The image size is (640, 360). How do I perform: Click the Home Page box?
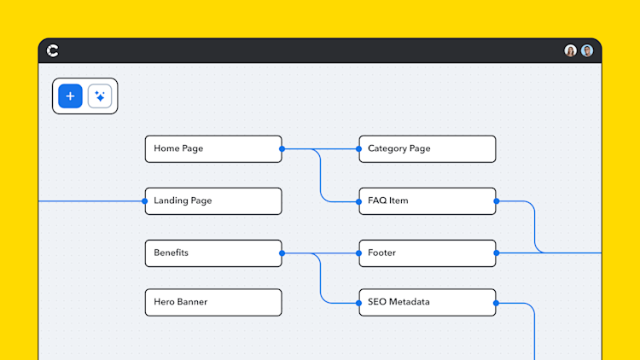(x=212, y=148)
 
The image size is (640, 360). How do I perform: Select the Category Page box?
(x=427, y=148)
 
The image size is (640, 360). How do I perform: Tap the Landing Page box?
(x=212, y=201)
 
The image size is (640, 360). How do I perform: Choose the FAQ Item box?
(x=427, y=201)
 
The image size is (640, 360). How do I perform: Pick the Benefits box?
(x=212, y=253)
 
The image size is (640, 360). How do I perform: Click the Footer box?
(x=427, y=253)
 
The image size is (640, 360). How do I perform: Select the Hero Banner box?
(x=212, y=302)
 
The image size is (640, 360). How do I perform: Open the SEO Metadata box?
(x=427, y=302)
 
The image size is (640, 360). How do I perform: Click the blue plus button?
(x=70, y=96)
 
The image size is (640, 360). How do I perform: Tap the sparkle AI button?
(x=100, y=96)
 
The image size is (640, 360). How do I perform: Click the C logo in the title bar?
(x=53, y=51)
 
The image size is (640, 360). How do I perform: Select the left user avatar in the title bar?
(x=570, y=51)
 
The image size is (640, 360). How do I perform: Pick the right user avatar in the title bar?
(x=587, y=51)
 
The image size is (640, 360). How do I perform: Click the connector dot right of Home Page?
(x=282, y=148)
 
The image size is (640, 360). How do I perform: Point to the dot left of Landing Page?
(x=145, y=201)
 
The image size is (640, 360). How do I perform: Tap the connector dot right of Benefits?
(x=282, y=253)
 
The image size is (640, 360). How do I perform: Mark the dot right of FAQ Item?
(x=496, y=201)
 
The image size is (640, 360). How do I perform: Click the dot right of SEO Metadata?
(x=496, y=302)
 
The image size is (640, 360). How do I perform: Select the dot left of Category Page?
(x=358, y=148)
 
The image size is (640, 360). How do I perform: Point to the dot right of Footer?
(x=496, y=253)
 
